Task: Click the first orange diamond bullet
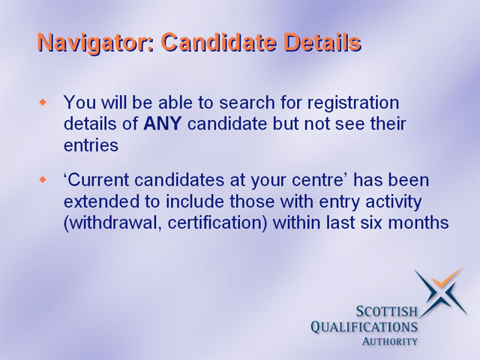pos(43,102)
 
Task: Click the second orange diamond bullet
pos(43,180)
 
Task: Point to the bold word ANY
pos(162,124)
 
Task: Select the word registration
pos(353,103)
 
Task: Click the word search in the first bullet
pos(247,102)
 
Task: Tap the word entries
pos(91,145)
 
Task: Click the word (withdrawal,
pos(112,223)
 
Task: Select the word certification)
pos(217,223)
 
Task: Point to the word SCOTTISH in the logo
pos(386,312)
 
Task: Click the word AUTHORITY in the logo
pos(389,341)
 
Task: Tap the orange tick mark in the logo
pos(445,278)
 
